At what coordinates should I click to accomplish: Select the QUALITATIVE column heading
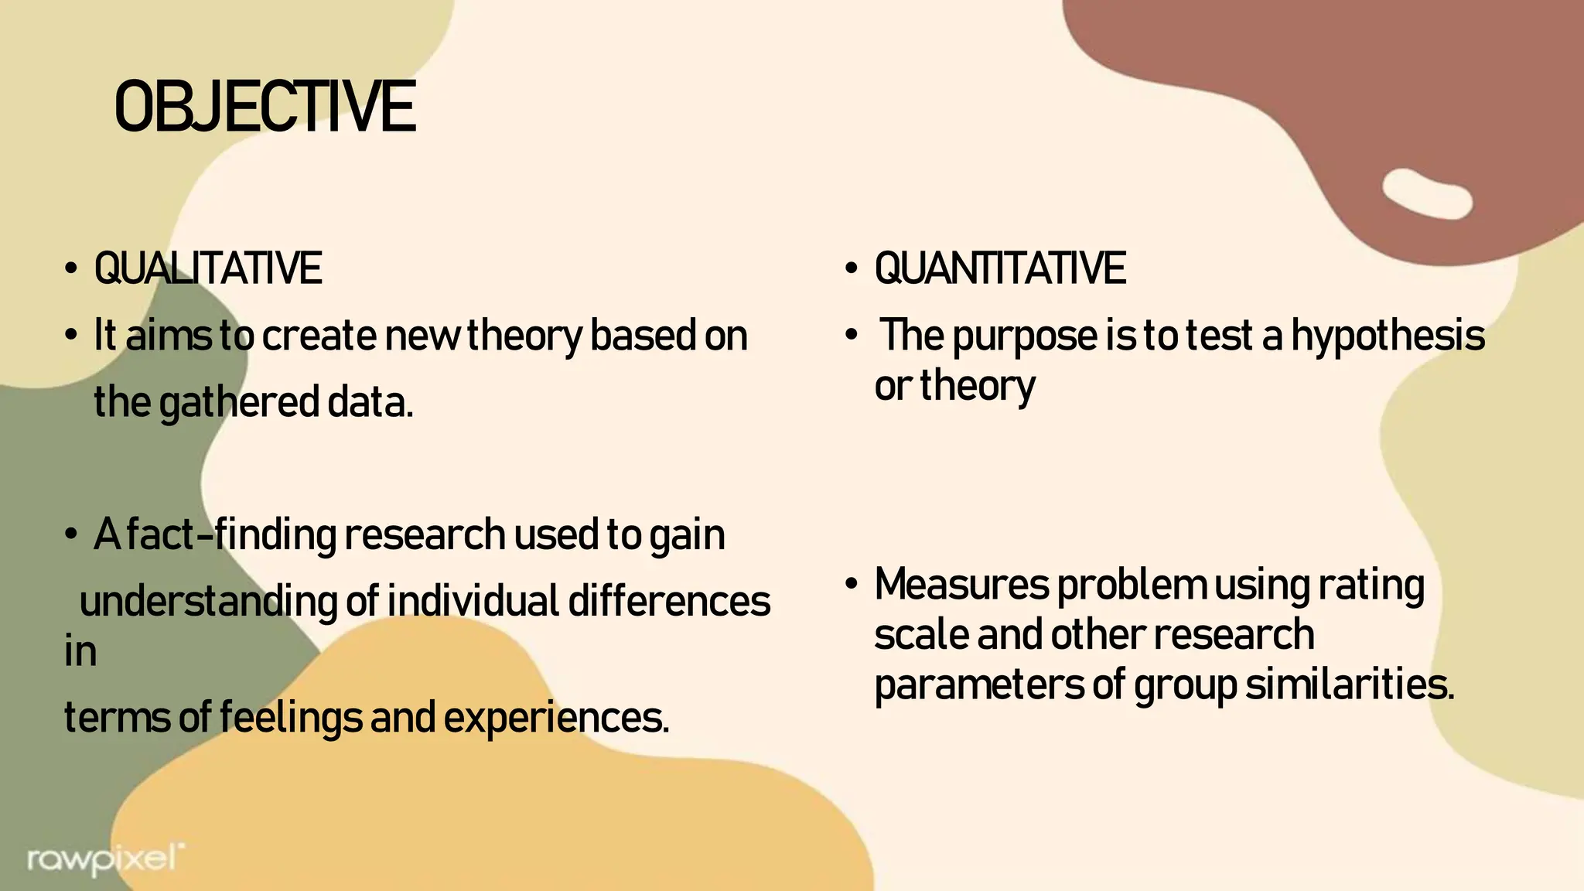click(x=207, y=269)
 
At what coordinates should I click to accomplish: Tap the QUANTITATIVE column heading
click(x=999, y=269)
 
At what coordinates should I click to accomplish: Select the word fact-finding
click(x=230, y=534)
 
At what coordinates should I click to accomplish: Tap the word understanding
click(x=208, y=602)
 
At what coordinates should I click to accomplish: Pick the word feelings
click(x=290, y=717)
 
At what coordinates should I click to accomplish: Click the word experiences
click(x=556, y=717)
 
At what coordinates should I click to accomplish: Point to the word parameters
click(x=978, y=684)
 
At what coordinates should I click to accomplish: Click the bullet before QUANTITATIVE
click(x=851, y=270)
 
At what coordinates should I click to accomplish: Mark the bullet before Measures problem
click(x=851, y=585)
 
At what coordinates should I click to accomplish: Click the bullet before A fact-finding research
click(x=71, y=535)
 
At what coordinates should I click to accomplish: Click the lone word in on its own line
click(x=80, y=651)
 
